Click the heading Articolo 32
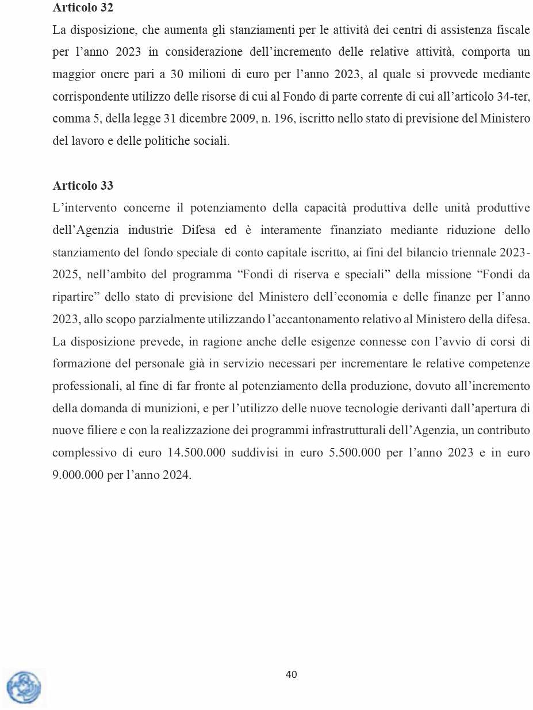coord(83,8)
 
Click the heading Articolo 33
coord(83,186)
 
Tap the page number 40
coord(292,674)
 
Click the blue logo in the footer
coord(24,688)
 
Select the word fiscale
coord(511,29)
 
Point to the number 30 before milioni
coord(177,74)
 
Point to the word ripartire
coord(74,297)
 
